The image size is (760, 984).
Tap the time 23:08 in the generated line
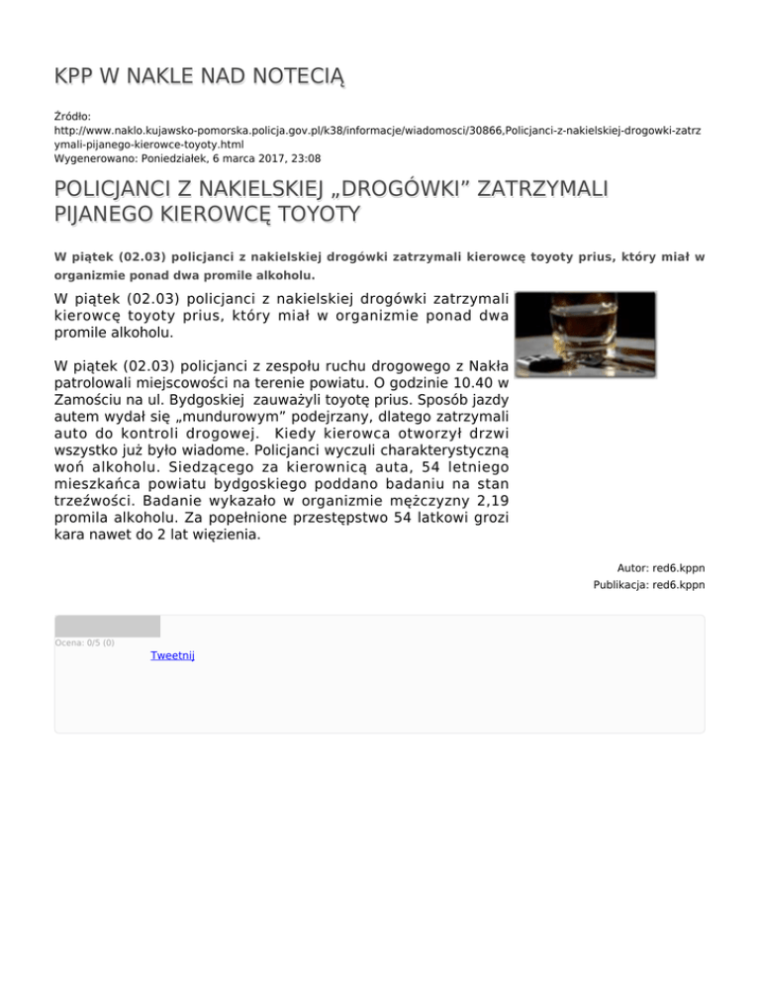tap(305, 157)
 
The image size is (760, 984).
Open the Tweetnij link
tap(172, 655)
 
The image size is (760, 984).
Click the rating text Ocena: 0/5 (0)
tap(84, 642)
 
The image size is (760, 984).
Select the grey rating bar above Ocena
tap(107, 626)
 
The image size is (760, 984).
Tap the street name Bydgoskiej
tap(189, 403)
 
